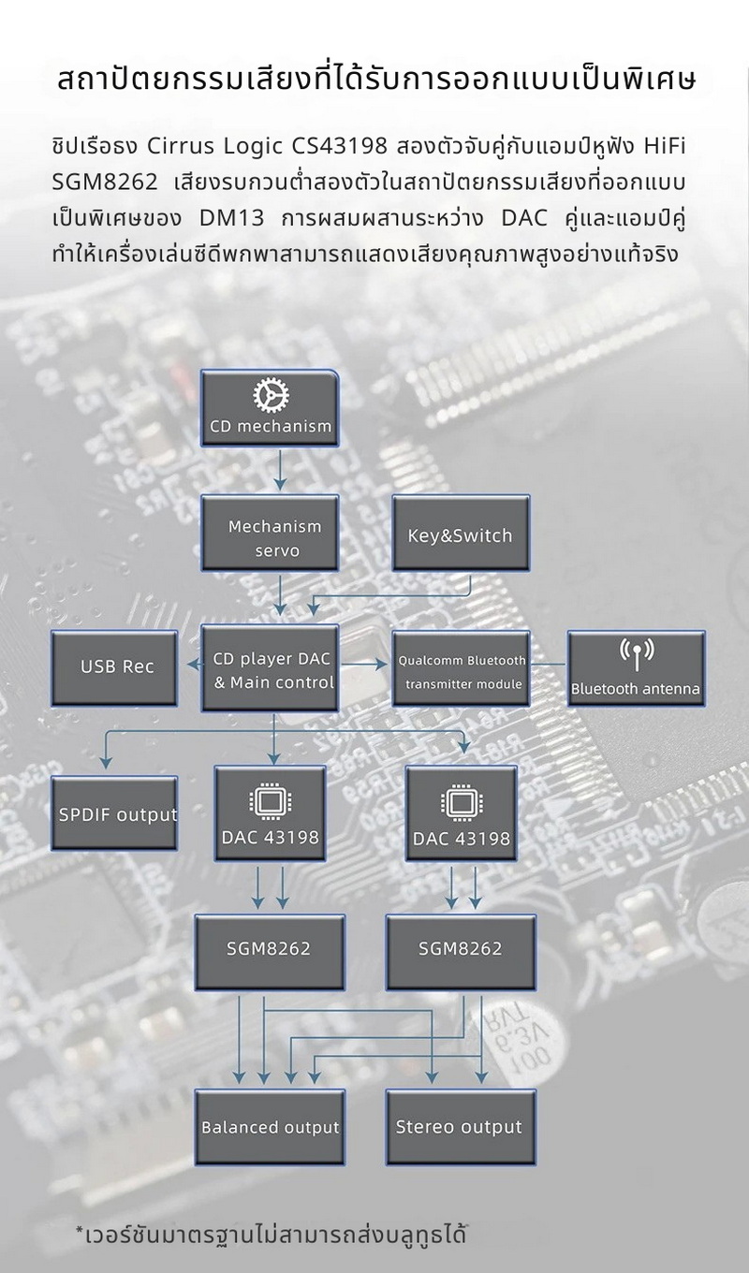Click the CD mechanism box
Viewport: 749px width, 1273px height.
[271, 408]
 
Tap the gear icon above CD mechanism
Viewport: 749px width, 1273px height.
[271, 396]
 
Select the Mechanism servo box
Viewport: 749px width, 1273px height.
[274, 538]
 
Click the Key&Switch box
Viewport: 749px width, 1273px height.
[460, 535]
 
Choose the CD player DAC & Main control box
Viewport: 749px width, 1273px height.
[273, 670]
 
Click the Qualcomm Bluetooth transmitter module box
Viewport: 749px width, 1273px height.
[462, 670]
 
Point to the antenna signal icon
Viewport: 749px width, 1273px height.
[637, 652]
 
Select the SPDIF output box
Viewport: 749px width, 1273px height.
[117, 813]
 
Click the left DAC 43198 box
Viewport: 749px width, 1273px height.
[270, 813]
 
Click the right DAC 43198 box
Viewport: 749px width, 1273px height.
[462, 813]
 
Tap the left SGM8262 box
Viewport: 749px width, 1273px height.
[269, 948]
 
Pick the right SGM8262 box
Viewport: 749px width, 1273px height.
[461, 948]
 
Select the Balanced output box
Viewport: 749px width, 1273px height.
[270, 1127]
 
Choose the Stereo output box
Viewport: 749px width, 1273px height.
[459, 1127]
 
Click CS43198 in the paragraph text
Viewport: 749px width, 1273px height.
[334, 148]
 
